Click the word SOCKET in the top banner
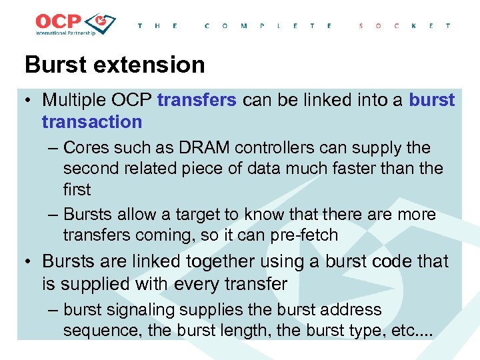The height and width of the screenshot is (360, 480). [x=404, y=26]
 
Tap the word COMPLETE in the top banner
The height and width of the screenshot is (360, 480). [x=268, y=26]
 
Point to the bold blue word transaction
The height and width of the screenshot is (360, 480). [x=91, y=121]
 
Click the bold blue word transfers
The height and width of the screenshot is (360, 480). [x=197, y=100]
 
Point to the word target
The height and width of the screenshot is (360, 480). [x=199, y=214]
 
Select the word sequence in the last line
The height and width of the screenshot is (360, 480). [x=96, y=331]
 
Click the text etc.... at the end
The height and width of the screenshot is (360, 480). [x=413, y=331]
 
